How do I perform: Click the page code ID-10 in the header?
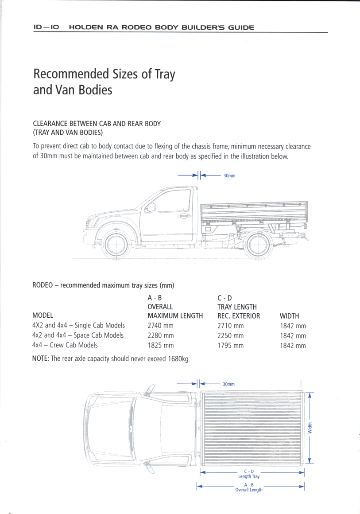tap(46, 27)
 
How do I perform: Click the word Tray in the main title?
tap(165, 74)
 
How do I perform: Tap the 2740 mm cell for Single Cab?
tap(160, 326)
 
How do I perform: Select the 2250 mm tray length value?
tap(231, 336)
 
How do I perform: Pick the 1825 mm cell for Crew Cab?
tap(160, 346)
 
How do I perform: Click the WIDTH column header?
tap(290, 316)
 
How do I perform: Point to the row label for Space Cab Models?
tap(78, 336)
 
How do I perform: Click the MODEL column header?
tap(43, 316)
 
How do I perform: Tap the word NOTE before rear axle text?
tap(41, 358)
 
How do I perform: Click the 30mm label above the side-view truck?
tap(229, 176)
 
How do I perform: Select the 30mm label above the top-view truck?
tap(229, 384)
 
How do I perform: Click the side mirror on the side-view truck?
tap(151, 207)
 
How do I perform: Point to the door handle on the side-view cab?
tap(184, 216)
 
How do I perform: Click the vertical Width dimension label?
tap(310, 428)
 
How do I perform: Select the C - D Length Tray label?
tap(249, 474)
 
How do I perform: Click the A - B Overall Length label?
tap(249, 487)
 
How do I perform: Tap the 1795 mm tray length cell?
tap(231, 346)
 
